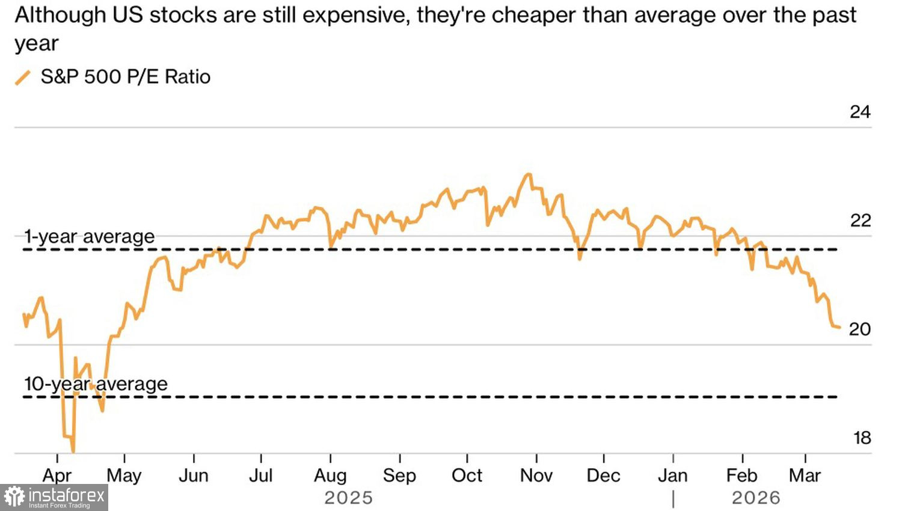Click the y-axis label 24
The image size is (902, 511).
pos(860,112)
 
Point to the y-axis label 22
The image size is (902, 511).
pos(860,221)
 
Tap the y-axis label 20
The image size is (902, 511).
pos(860,329)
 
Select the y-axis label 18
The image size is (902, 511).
pos(862,438)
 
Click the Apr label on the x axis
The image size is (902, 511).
pos(57,476)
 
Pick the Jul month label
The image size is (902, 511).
pos(261,476)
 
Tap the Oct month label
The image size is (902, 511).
pos(467,476)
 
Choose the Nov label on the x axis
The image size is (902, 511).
pos(536,476)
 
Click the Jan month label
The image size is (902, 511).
pos(673,476)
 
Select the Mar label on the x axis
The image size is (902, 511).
pos(805,476)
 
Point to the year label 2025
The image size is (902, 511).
pos(349,498)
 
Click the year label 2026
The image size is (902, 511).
pos(756,498)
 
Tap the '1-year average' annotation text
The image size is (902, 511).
pos(90,236)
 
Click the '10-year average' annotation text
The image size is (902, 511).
pos(96,384)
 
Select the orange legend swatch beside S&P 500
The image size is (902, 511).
pos(23,78)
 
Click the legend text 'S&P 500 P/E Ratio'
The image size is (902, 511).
pos(126,77)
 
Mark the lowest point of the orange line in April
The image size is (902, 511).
pos(73,451)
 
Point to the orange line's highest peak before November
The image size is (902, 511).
pos(529,174)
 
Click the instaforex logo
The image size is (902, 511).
pos(54,498)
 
